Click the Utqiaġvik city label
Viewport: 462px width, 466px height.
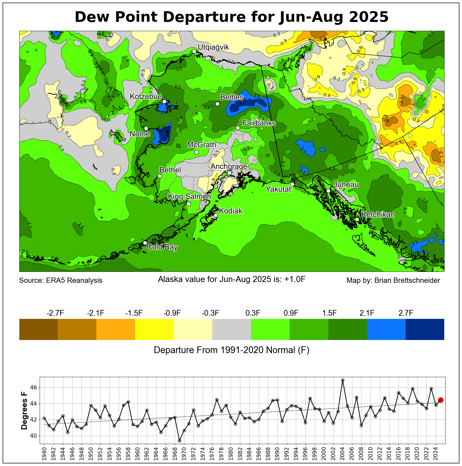[x=213, y=47]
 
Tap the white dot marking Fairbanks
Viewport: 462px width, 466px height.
[x=238, y=128]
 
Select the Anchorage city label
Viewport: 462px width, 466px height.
[x=229, y=166]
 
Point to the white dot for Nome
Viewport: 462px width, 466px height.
[x=146, y=128]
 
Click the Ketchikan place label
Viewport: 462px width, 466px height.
[x=378, y=215]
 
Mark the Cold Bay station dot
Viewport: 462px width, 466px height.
[x=145, y=243]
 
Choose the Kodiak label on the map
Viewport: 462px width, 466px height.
[x=231, y=211]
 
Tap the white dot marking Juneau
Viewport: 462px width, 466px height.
[x=328, y=191]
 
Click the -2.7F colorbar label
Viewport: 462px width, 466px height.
[x=55, y=313]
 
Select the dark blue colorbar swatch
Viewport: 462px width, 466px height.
[x=425, y=329]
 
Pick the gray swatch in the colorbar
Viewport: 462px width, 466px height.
[x=231, y=329]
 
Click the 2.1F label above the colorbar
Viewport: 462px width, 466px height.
[x=367, y=313]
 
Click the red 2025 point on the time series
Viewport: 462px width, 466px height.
[x=440, y=400]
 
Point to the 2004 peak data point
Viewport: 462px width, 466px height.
[x=343, y=380]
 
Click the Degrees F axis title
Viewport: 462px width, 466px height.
[x=24, y=411]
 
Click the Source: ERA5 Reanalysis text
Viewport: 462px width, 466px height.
[x=61, y=280]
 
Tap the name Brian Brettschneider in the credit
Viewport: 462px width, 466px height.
[x=407, y=280]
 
